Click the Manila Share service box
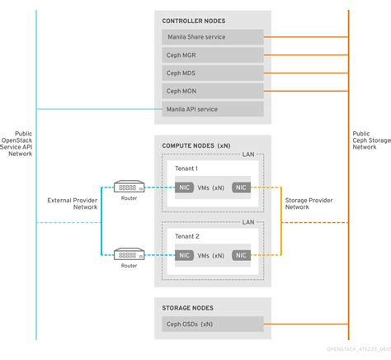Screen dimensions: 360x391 point(213,37)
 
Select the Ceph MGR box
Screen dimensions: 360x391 point(213,55)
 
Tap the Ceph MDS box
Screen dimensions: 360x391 point(213,73)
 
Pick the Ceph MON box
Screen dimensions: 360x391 point(213,91)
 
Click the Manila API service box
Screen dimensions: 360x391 point(213,109)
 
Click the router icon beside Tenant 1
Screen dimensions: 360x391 point(128,187)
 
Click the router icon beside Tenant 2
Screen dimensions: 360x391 point(128,255)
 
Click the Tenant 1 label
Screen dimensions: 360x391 point(187,168)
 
